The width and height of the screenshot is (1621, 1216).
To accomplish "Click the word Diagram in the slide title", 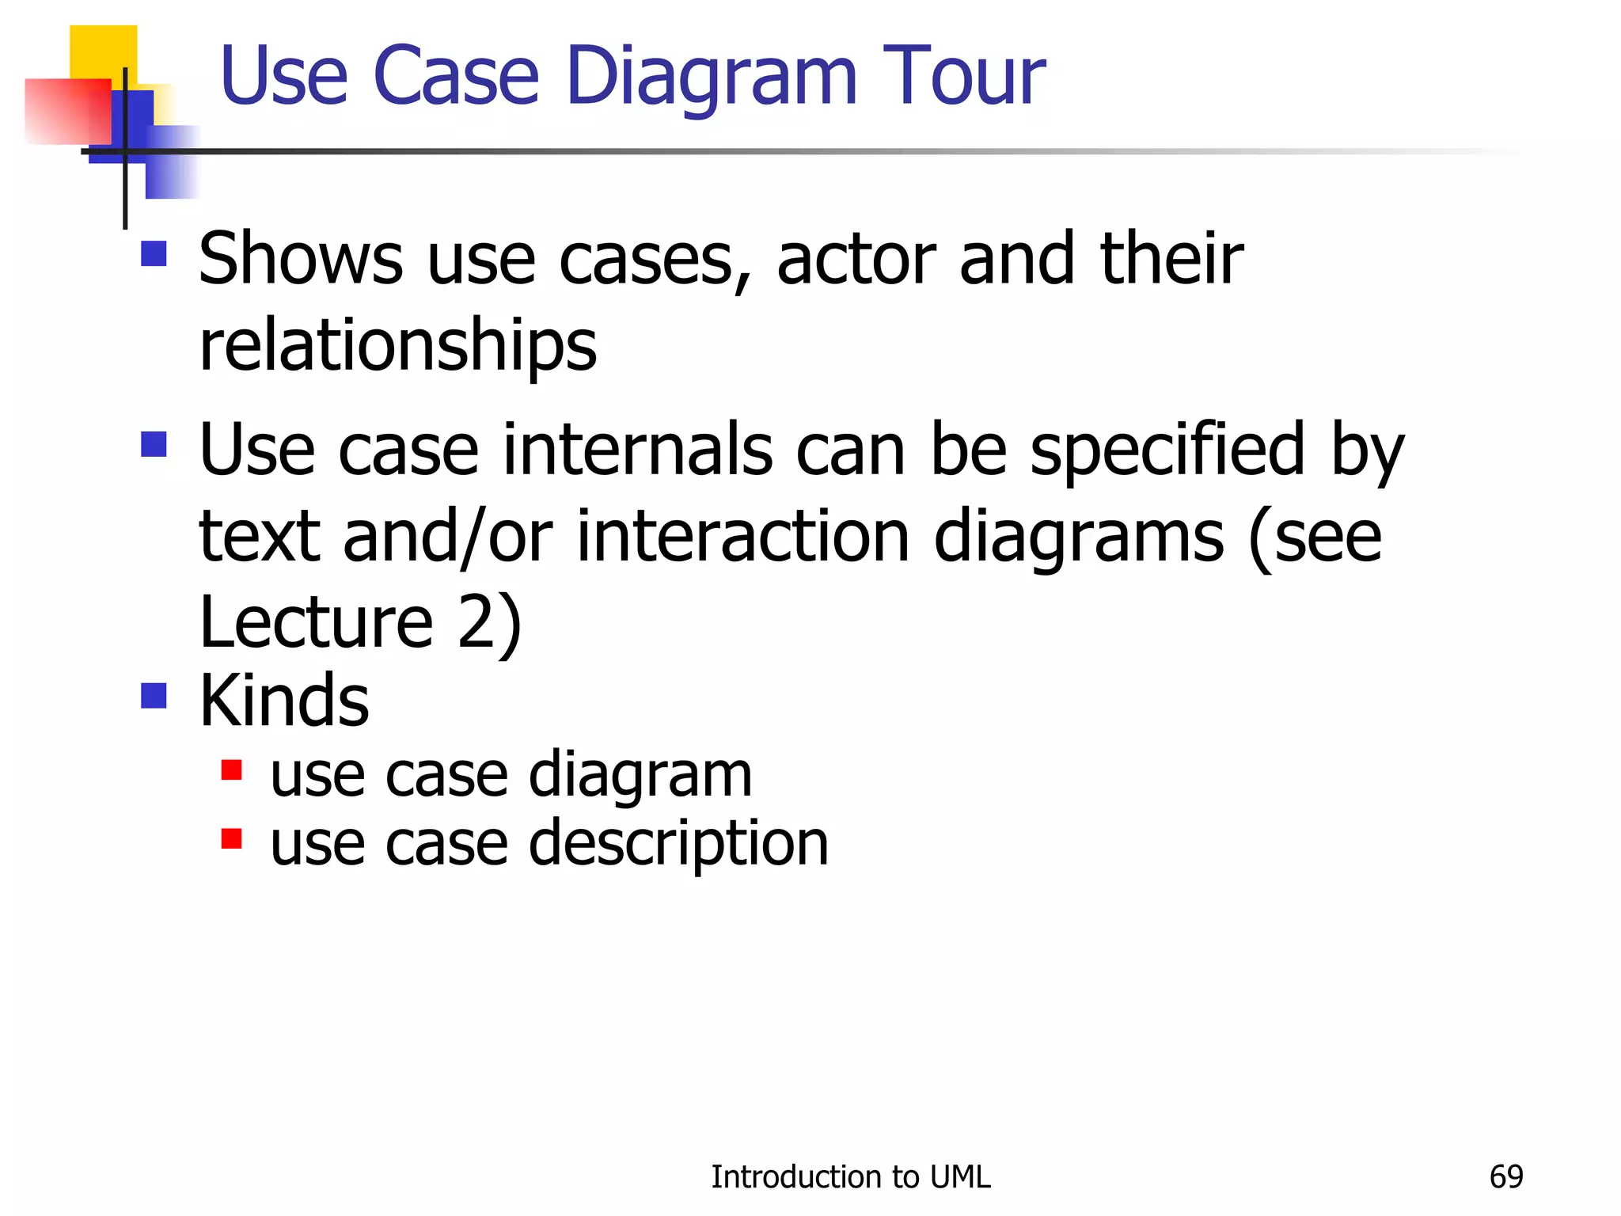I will tap(712, 78).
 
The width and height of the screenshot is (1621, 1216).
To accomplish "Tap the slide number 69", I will tap(1505, 1177).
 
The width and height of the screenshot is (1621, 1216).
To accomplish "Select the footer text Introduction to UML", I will tap(850, 1177).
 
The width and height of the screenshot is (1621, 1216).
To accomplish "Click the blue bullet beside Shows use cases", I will tap(154, 254).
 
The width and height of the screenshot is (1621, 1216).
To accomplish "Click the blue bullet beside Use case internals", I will tap(154, 444).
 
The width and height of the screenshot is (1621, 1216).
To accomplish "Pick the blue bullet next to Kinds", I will tap(154, 696).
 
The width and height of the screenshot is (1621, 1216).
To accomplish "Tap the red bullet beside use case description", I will tap(231, 838).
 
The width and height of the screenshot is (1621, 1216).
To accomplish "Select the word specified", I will tap(1167, 450).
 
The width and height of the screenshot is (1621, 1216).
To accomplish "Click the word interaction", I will tap(742, 537).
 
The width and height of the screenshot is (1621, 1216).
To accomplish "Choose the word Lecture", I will tap(316, 622).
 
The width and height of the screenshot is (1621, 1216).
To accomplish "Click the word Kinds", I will tap(283, 701).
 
